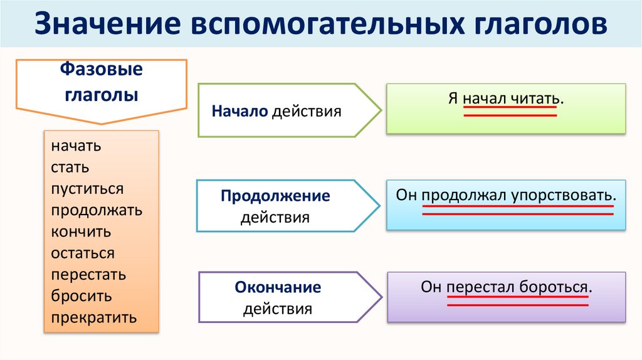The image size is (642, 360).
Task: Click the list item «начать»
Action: [76, 146]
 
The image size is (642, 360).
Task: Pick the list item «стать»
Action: [70, 167]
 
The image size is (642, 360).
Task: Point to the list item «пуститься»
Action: [88, 189]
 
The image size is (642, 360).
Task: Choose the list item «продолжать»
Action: [97, 210]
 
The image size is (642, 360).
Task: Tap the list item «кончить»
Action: [82, 231]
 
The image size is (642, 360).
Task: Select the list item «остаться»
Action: [83, 253]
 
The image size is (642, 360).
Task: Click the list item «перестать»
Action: [88, 275]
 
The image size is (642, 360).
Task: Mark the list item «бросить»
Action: [82, 296]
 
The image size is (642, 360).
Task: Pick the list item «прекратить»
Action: [94, 317]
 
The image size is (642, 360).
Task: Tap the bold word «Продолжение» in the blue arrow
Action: [275, 196]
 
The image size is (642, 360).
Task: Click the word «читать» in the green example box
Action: [533, 98]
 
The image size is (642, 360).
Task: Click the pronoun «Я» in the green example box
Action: [453, 98]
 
